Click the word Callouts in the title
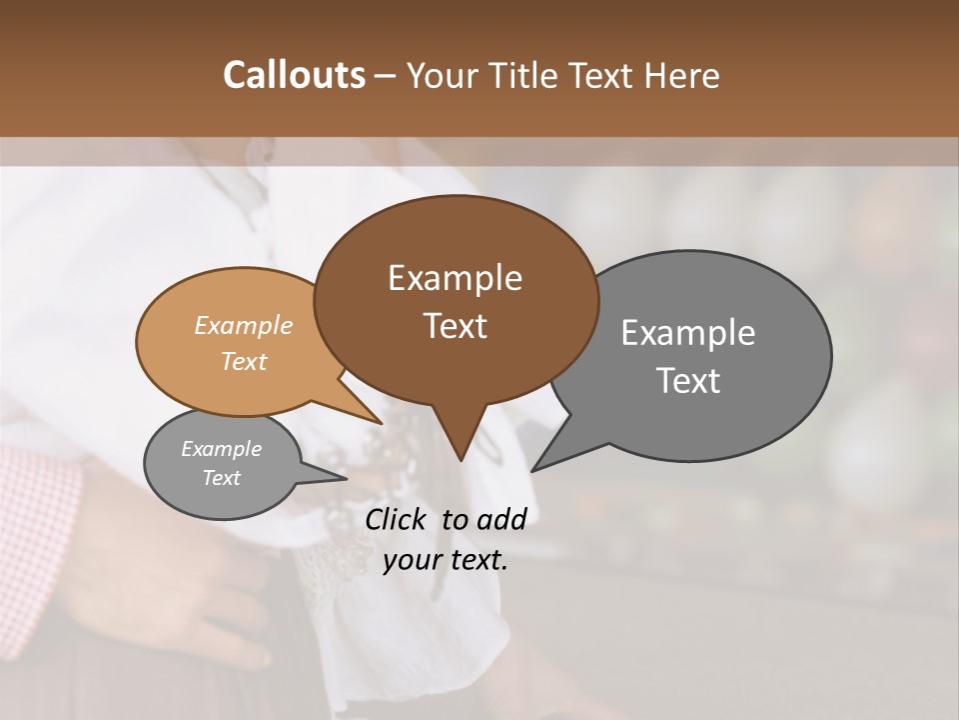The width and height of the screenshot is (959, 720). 294,75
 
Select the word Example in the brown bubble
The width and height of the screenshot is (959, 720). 455,278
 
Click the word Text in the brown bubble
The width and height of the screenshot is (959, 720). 455,325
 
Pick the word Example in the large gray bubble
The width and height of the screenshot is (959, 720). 688,333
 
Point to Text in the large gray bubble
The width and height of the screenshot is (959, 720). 688,380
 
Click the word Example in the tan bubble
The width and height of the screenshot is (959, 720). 244,325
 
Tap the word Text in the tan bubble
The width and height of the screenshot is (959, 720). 244,361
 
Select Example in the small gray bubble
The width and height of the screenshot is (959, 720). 221,449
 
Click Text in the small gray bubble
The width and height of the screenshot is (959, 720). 221,478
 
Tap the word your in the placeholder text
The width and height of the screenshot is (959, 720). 411,560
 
